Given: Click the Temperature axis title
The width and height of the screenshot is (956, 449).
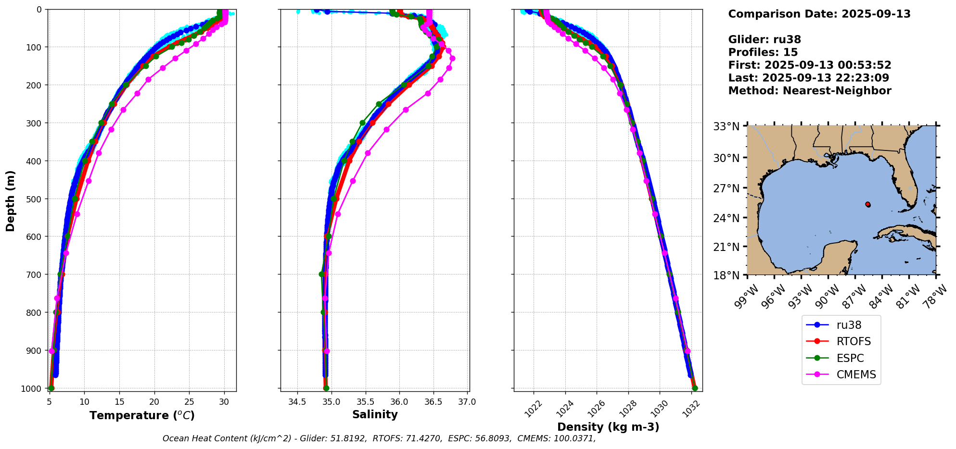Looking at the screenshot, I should [x=142, y=415].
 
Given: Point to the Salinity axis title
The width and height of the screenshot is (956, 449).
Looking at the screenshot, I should [x=375, y=415].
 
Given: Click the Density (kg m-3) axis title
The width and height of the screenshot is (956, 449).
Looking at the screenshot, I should [x=608, y=427].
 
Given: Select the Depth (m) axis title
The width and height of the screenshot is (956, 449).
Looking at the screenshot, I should [x=11, y=200].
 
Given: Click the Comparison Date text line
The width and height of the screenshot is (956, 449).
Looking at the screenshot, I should [x=819, y=14].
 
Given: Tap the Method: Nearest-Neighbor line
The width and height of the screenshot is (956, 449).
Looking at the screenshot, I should [x=809, y=90].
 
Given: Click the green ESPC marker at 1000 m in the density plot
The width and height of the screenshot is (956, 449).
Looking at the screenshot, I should [x=695, y=388].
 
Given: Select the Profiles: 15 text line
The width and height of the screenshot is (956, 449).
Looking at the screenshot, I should [x=763, y=52].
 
